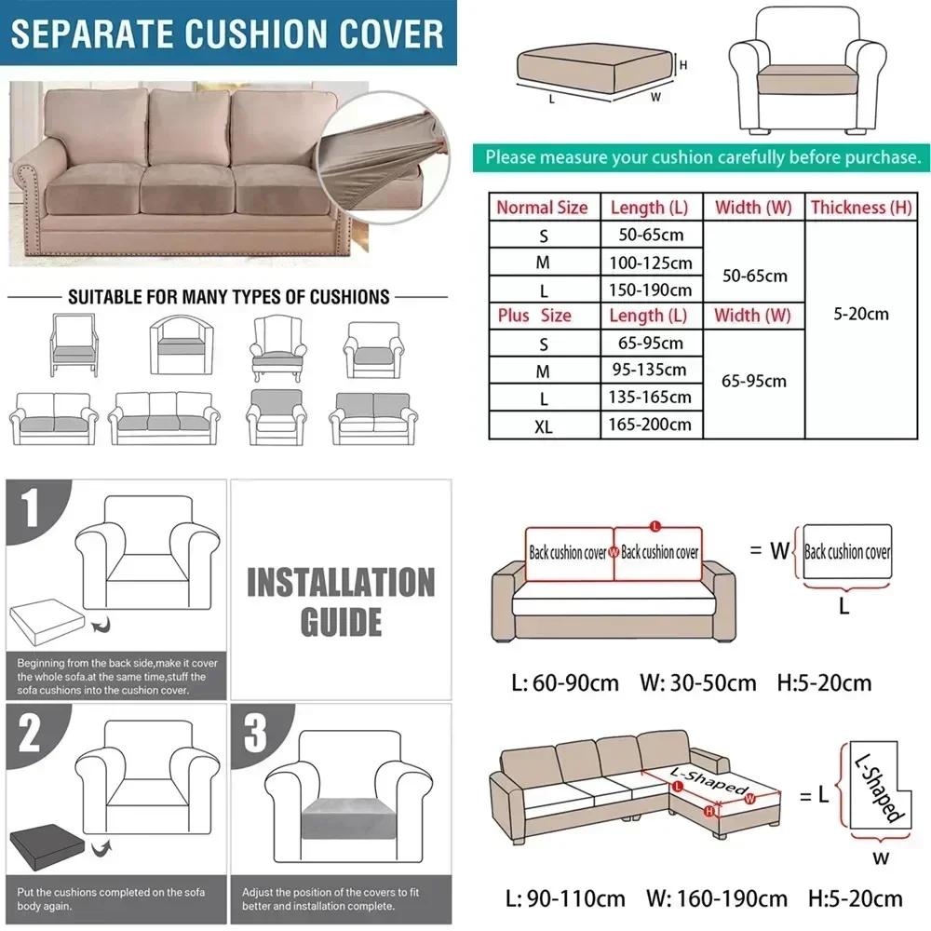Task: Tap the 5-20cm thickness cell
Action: pos(860,314)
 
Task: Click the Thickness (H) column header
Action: pos(860,207)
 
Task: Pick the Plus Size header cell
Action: pos(534,316)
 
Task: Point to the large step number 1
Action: pos(32,509)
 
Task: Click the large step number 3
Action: pos(255,732)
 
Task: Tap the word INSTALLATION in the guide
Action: pos(340,584)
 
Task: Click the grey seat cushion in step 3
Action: pos(341,816)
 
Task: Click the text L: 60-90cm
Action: pos(565,683)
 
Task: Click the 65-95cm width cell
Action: pos(753,381)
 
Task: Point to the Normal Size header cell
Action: pos(542,207)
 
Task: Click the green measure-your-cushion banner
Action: pos(702,156)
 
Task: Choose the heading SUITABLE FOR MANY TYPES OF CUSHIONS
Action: pos(228,298)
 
